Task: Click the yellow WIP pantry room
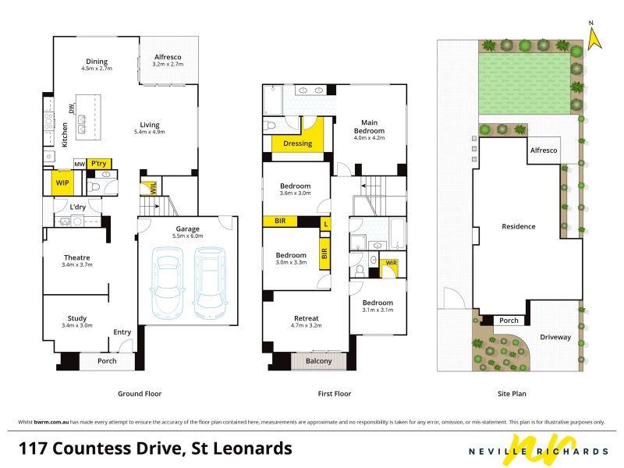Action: [62, 183]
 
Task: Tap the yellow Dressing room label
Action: [298, 144]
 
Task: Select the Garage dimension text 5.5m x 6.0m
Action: [187, 236]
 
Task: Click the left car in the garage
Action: [168, 283]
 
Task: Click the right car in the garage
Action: [210, 283]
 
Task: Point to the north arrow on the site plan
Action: [594, 39]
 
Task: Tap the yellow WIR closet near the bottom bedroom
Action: [388, 268]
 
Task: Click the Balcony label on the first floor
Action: [319, 361]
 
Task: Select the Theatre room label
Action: [76, 257]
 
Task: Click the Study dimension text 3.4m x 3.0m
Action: [76, 325]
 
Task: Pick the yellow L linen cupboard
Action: [326, 224]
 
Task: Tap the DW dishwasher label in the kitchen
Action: [72, 108]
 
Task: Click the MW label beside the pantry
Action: [80, 164]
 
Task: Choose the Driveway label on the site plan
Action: [555, 337]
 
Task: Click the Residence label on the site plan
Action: [518, 226]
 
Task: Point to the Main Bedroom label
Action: [369, 126]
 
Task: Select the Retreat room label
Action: [307, 318]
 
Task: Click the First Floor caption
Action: [335, 394]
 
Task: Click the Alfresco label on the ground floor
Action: [168, 57]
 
